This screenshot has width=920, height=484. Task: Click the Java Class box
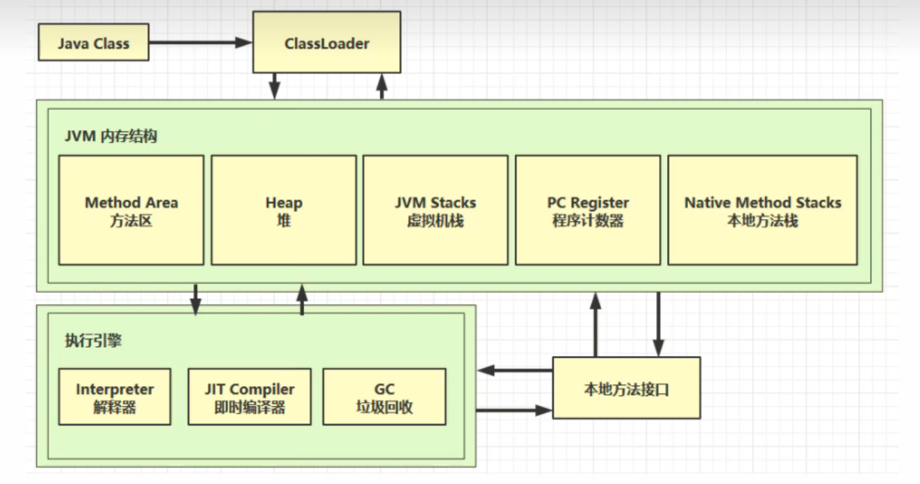coord(93,43)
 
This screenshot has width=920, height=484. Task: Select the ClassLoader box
coord(327,44)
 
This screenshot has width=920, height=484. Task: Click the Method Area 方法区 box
coord(131,210)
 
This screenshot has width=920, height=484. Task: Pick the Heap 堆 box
coord(284,210)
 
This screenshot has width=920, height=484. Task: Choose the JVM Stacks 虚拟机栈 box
coord(435,210)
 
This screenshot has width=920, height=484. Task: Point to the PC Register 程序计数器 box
coord(588,210)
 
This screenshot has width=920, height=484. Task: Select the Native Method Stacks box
coord(762,210)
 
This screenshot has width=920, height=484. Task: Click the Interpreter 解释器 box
coord(115,397)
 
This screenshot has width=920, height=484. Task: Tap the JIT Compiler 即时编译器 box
coord(249,397)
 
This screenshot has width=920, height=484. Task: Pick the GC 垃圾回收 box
coord(384,397)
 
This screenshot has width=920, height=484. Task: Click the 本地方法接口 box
coord(626,388)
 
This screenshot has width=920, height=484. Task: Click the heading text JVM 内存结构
coord(111,136)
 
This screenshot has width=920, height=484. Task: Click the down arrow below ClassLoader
coord(274,86)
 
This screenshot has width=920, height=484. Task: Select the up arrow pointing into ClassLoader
coord(381,86)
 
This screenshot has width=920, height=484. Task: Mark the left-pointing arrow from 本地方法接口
coord(514,369)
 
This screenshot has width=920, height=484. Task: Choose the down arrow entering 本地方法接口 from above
coord(658,324)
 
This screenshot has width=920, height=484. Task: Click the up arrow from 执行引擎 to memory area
coord(302,299)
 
